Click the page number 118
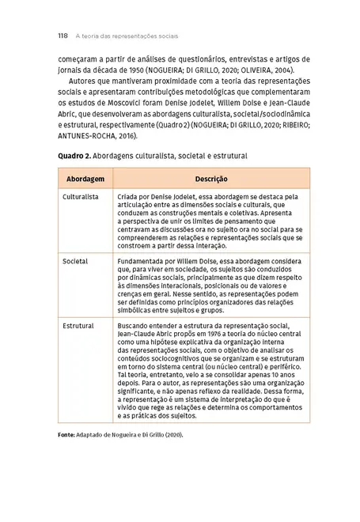click(63, 36)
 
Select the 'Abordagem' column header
click(85, 179)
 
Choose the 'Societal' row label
click(75, 260)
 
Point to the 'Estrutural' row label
click(78, 325)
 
